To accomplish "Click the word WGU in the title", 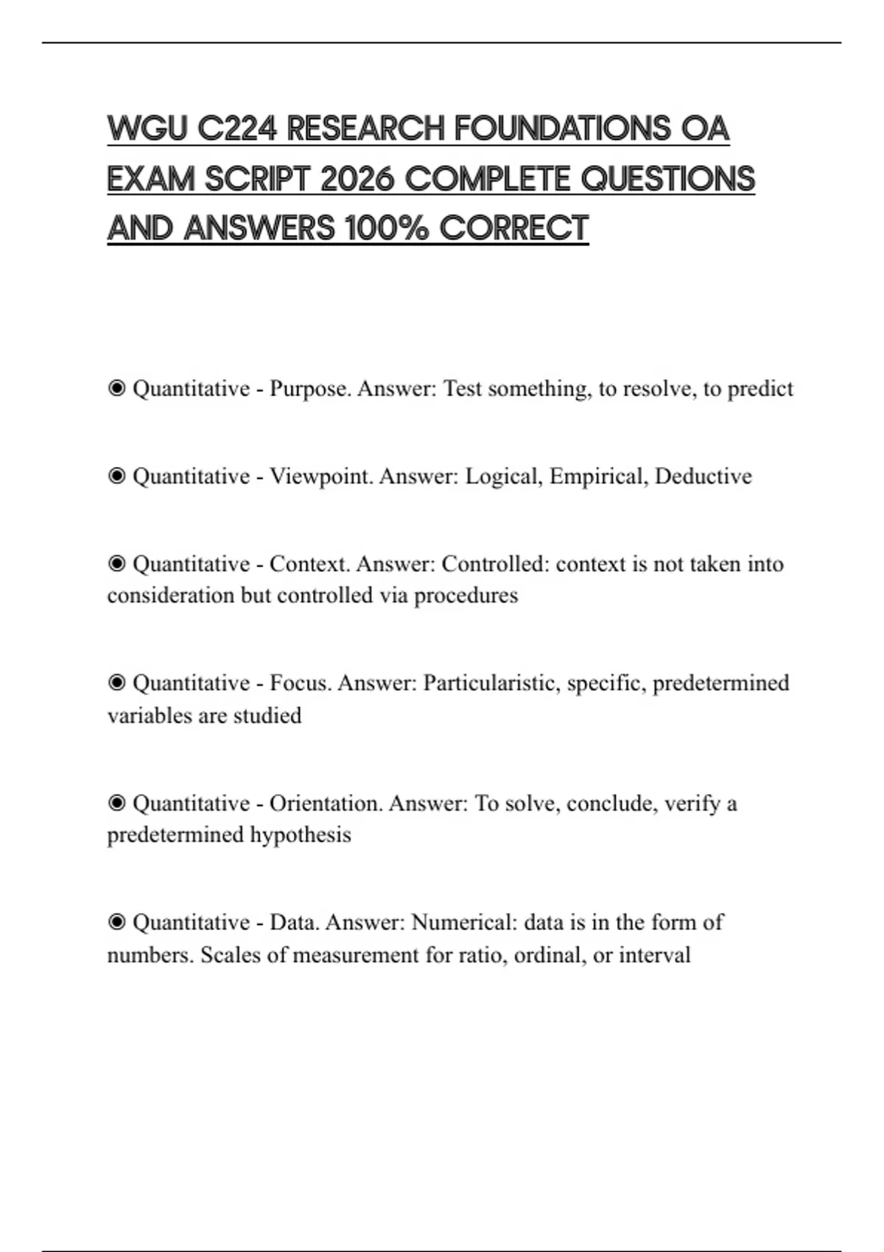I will tap(147, 129).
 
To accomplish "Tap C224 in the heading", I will tap(237, 129).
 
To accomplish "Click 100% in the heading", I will tap(386, 228).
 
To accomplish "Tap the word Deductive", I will tap(703, 476).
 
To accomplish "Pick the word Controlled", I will tap(495, 563).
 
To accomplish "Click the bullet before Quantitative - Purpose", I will tap(116, 388).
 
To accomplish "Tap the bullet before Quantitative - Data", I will tap(116, 922).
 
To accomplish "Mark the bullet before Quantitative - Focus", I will tap(116, 683).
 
